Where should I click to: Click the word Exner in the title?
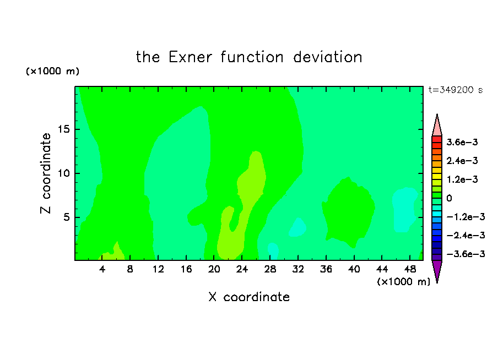tap(190, 57)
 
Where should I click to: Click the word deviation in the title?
tap(328, 57)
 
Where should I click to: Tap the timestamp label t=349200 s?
tap(456, 90)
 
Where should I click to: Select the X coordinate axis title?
tap(249, 297)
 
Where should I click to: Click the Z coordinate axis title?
tap(46, 173)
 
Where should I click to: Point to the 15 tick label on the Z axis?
tap(63, 129)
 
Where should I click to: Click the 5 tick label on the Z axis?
tap(66, 217)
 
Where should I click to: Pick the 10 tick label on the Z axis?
tap(63, 173)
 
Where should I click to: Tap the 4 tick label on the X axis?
tap(102, 269)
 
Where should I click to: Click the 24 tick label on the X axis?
tap(242, 269)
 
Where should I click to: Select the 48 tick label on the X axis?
tap(410, 269)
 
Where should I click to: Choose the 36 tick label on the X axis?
tap(326, 269)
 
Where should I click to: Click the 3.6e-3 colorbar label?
tap(462, 142)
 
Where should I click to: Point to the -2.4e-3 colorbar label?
tap(466, 235)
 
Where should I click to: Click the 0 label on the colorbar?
tap(449, 198)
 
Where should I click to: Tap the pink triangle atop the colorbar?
tap(437, 126)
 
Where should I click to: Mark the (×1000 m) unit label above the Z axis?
tap(52, 71)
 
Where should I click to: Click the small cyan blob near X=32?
tap(297, 227)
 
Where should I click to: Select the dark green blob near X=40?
tap(348, 211)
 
